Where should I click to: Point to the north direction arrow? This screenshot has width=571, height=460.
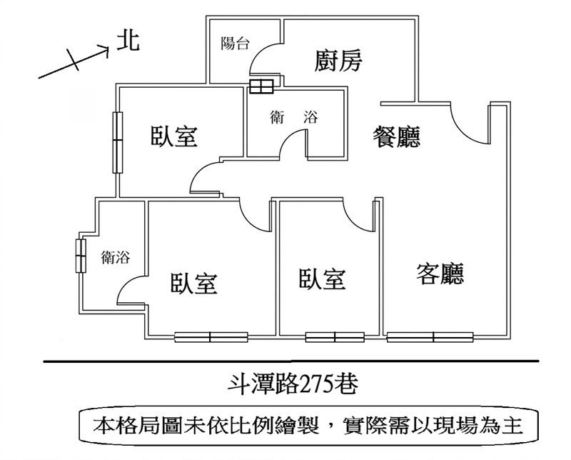coord(74,63)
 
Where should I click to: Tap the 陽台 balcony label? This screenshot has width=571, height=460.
coord(236,44)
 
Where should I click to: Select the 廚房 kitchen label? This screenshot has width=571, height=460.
coord(338,61)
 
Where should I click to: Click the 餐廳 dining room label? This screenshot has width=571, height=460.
coord(396,137)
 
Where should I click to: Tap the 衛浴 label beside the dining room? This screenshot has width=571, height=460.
coord(294,117)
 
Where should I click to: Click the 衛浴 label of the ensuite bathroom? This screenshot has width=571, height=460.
coord(116,257)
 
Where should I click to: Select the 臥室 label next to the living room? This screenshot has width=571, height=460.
coord(323,279)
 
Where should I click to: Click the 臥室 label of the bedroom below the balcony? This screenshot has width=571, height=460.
coord(174,136)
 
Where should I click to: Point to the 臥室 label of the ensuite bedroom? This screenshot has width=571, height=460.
coord(194,284)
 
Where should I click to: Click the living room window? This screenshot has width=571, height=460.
coord(430,337)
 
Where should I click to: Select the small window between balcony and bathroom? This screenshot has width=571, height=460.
coord(261,86)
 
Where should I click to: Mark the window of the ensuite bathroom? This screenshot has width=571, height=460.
coord(81,256)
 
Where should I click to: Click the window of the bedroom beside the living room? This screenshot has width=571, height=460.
coord(335,337)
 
